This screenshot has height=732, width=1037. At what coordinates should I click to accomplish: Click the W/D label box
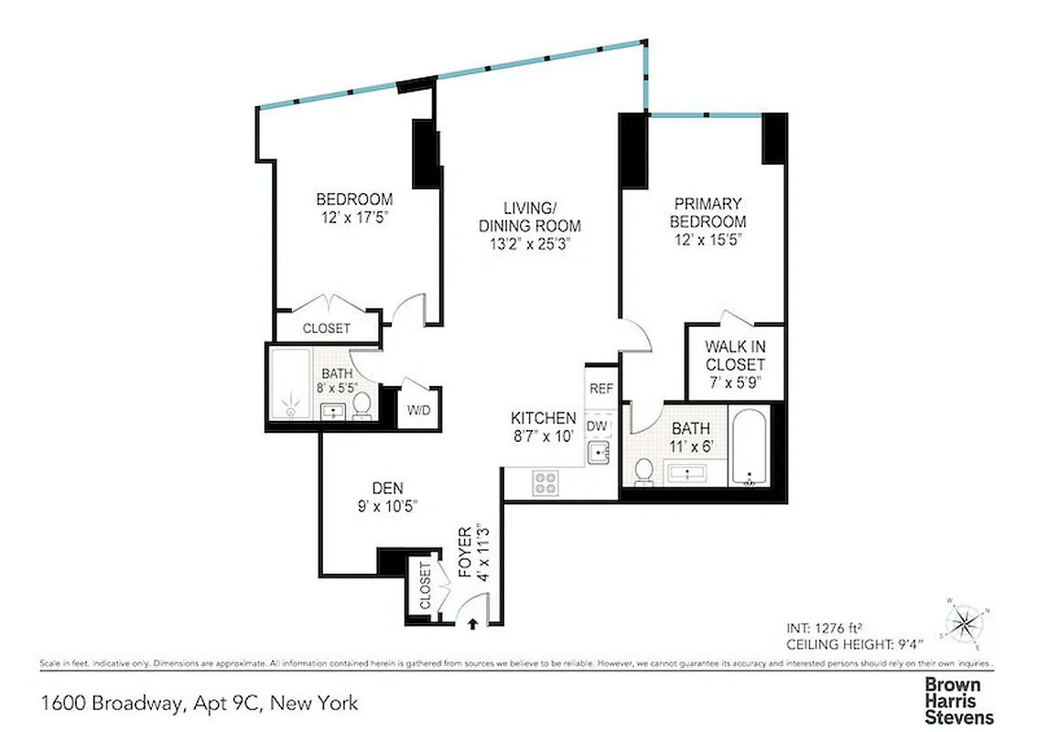(418, 409)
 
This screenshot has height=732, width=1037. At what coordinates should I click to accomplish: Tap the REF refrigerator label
(600, 389)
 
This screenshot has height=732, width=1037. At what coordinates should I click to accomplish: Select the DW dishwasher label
(597, 425)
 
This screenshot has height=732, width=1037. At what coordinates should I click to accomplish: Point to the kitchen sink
(600, 451)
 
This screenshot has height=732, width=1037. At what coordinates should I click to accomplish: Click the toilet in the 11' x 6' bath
(643, 470)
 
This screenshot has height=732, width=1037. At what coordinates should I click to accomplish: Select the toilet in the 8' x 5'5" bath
(362, 405)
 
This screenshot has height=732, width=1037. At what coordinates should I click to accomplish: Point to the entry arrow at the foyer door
(472, 625)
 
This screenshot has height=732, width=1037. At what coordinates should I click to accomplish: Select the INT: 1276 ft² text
(826, 628)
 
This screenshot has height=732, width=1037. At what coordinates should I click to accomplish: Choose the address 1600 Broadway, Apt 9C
(199, 704)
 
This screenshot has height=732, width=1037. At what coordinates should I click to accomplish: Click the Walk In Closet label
(735, 364)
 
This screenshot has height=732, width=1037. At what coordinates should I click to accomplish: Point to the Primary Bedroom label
(707, 212)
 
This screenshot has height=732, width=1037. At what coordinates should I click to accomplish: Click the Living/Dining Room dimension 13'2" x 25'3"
(530, 243)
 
